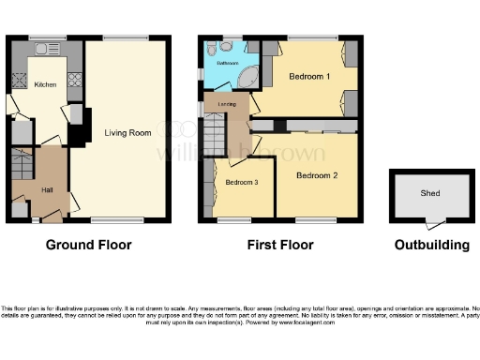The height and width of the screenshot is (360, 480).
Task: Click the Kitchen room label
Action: pyautogui.click(x=45, y=84)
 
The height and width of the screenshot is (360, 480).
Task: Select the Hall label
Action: pyautogui.click(x=47, y=190)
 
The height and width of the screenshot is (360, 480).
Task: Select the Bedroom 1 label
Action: pyautogui.click(x=307, y=75)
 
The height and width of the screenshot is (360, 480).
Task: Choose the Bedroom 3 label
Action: pyautogui.click(x=242, y=182)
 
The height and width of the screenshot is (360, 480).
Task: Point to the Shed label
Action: pyautogui.click(x=430, y=194)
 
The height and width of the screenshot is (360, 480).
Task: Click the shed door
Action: pyautogui.click(x=430, y=221)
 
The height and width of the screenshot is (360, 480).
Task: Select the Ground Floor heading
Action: pyautogui.click(x=89, y=246)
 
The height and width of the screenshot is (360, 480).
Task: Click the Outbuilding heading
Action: pyautogui.click(x=430, y=246)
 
